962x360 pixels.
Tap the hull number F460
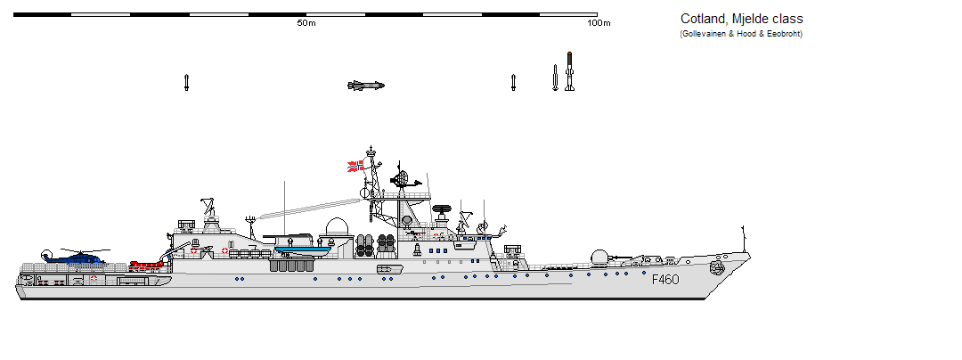pos(665,279)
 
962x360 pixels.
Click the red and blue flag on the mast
pos(355,166)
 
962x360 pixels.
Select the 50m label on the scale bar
pos(306,23)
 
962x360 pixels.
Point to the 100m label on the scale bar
pos(599,23)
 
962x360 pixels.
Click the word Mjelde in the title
pos(750,19)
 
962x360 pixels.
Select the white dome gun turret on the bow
pos(601,258)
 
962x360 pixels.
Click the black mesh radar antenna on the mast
pos(401,177)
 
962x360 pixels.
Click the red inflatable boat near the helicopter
pos(142,265)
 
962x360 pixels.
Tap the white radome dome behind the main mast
pos(336,227)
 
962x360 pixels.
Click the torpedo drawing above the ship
pos(365,86)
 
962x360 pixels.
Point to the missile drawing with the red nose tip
pos(569,72)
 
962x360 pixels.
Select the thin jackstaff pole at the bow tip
pos(743,240)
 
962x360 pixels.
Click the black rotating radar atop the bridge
pos(443,211)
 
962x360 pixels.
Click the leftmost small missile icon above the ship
pos(186,83)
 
